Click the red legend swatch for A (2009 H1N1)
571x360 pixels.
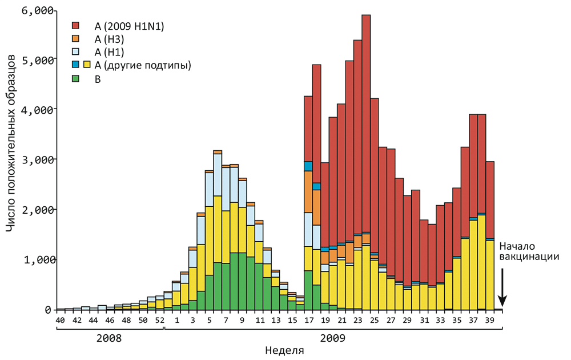[75, 26]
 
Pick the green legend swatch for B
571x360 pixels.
[75, 79]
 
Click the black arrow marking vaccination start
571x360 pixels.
[502, 286]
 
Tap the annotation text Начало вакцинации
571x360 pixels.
[525, 252]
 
